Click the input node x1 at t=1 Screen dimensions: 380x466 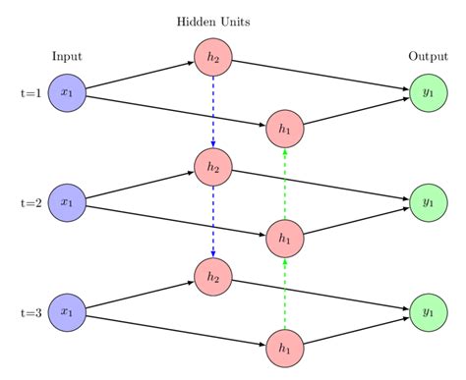66,93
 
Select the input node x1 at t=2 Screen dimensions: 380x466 66,203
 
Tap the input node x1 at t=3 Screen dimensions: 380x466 66,312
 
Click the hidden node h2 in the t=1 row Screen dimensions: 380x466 212,57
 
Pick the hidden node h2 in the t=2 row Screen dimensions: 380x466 212,167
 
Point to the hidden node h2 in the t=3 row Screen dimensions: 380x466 212,277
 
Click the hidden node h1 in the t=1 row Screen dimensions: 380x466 285,129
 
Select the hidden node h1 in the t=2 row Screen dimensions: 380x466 285,239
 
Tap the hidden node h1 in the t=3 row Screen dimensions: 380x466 285,349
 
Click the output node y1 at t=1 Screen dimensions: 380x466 428,93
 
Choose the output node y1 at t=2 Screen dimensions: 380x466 428,203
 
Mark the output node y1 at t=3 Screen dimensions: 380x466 428,312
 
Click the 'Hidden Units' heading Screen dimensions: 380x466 212,21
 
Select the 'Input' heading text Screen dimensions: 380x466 67,56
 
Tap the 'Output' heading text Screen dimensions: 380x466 428,56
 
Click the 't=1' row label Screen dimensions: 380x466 30,93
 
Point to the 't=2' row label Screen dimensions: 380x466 30,203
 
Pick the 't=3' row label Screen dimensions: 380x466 30,312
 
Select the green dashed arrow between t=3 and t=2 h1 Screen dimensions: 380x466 285,294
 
